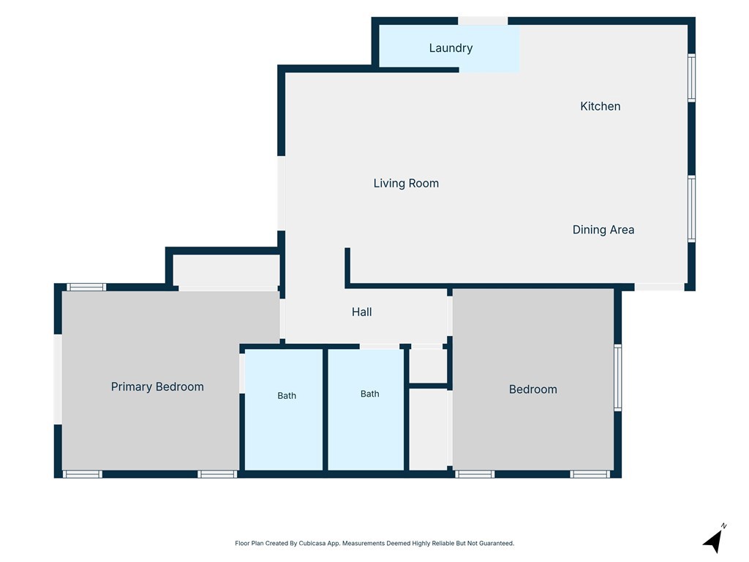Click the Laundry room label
tap(451, 48)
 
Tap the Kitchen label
tap(600, 106)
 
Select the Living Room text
tap(406, 183)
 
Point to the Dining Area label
tap(603, 230)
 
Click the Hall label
tap(361, 312)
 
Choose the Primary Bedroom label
tap(157, 386)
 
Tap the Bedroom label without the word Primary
tap(532, 389)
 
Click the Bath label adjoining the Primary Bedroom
tap(287, 396)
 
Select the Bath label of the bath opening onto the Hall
tap(369, 394)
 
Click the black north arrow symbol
tap(712, 542)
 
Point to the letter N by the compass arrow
tap(723, 525)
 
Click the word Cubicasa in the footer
tap(312, 544)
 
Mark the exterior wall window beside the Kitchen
tap(691, 78)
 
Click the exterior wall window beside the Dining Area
tap(691, 209)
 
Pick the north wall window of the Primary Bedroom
tap(86, 287)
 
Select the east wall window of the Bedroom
tap(617, 378)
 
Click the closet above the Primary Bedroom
tap(226, 271)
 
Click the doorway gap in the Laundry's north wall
tap(483, 21)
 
